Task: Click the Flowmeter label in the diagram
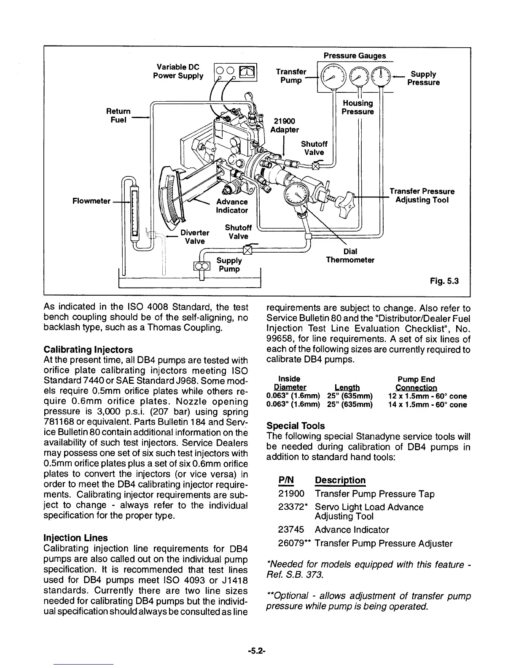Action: coord(91,201)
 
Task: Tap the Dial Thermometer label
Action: coord(350,256)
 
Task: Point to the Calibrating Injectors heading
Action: coord(88,350)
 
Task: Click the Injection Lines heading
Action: coord(75,538)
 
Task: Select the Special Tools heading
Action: coord(296,426)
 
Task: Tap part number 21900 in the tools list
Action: coord(291,494)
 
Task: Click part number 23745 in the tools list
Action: coord(291,530)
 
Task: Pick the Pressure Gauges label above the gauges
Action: coord(355,56)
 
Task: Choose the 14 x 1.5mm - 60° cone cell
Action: coord(427,405)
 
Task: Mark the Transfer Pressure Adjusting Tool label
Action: coord(422,195)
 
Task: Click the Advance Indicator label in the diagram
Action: coord(232,206)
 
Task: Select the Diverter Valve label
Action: coord(194,237)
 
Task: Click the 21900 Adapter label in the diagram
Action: coord(285,125)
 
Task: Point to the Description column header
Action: coord(340,480)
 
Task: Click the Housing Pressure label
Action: coord(357,107)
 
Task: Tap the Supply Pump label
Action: coord(229,264)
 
